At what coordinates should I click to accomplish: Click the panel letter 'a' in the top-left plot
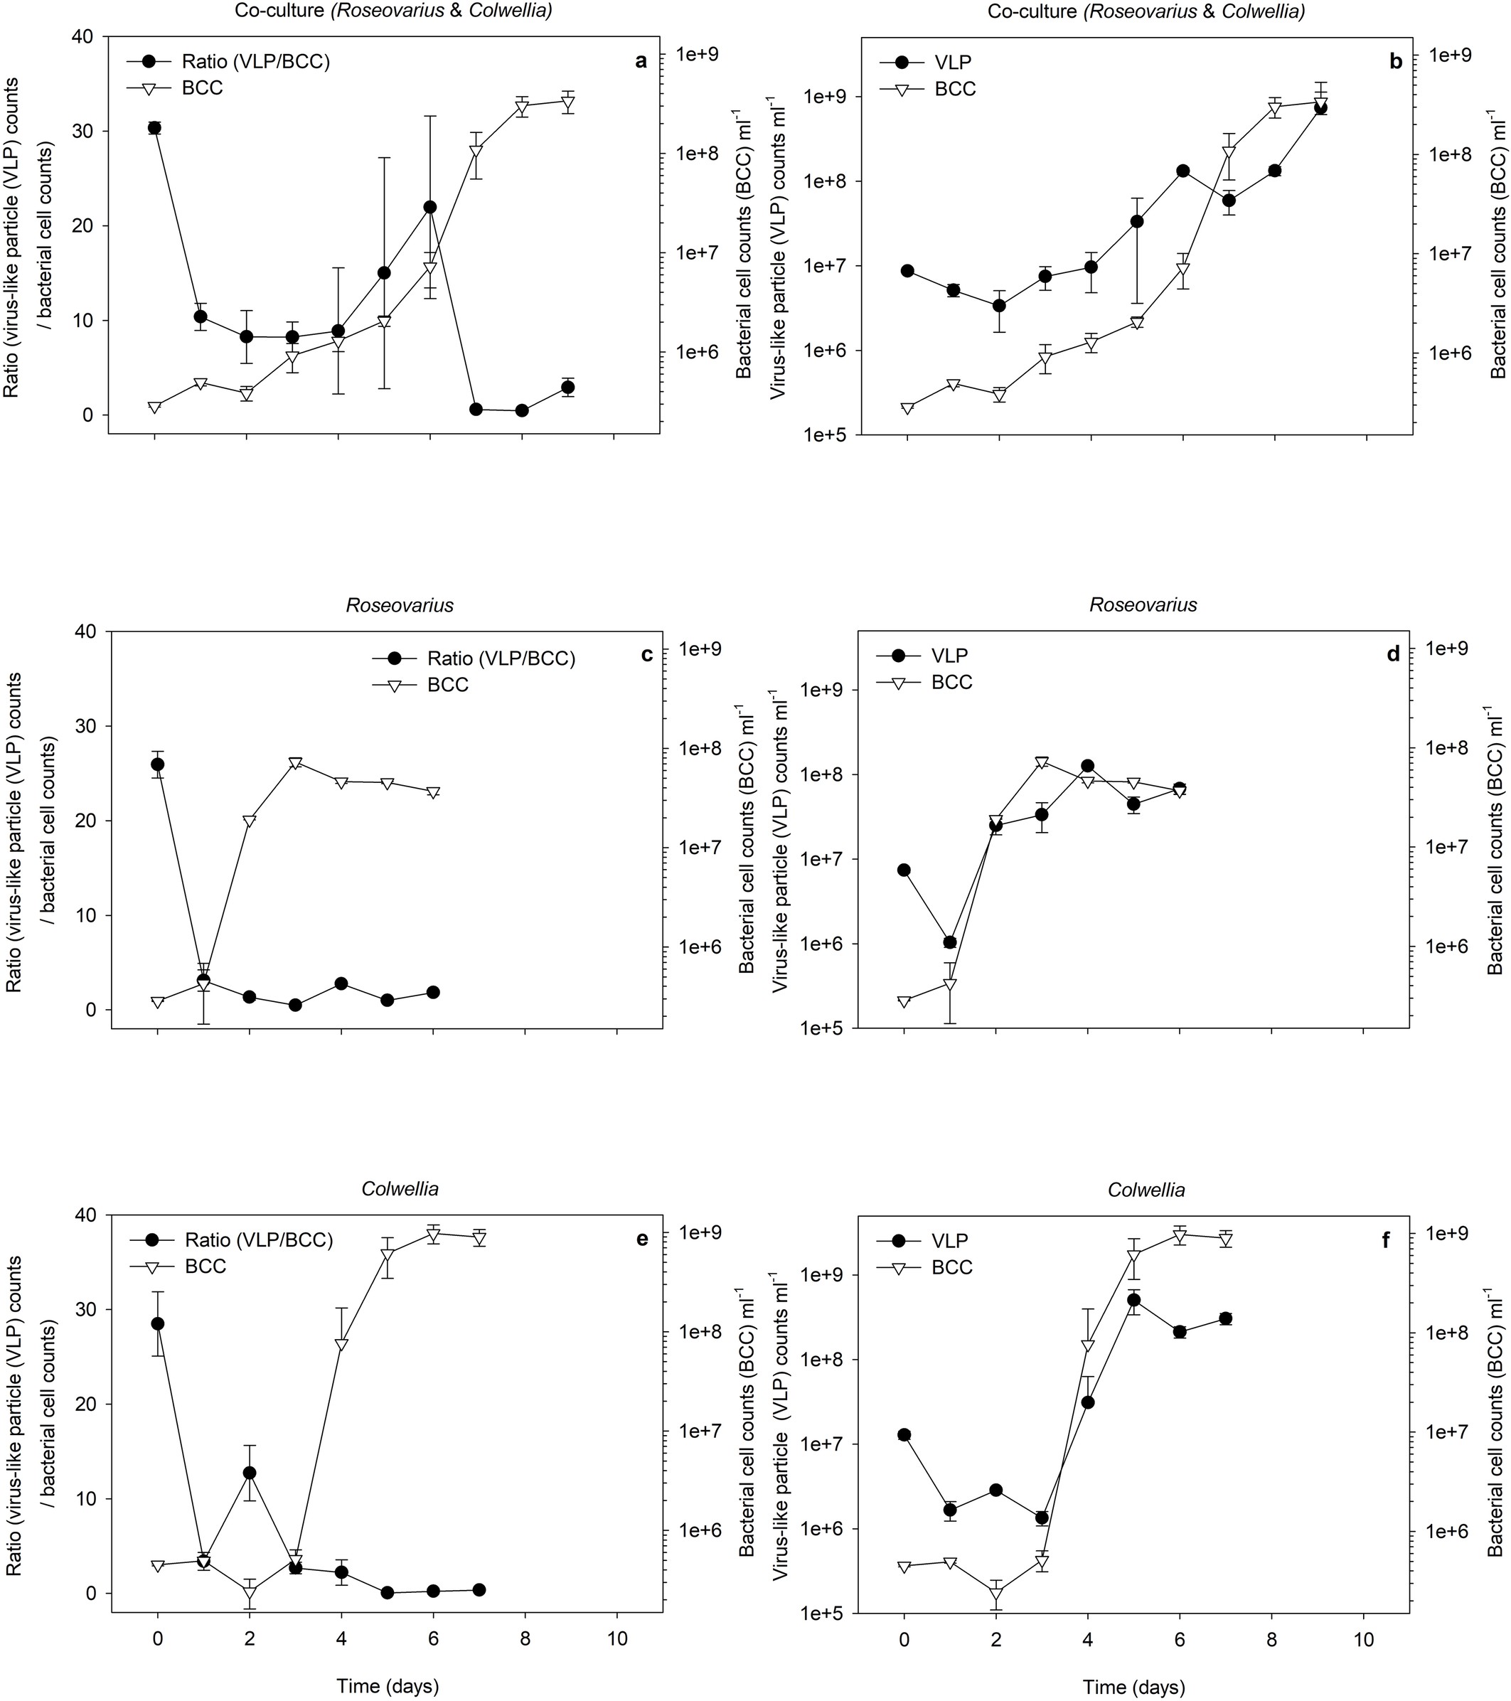coord(640,60)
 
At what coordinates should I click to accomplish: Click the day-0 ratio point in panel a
coord(154,127)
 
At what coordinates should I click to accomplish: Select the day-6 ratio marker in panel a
coord(429,206)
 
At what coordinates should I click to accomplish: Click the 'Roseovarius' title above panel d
coord(1143,605)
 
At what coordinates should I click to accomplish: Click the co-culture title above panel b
coord(1146,11)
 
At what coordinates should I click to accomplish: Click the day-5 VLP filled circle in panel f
coord(1133,1300)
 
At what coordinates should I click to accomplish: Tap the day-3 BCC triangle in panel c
coord(295,763)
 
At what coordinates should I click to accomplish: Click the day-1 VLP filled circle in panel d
coord(950,942)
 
